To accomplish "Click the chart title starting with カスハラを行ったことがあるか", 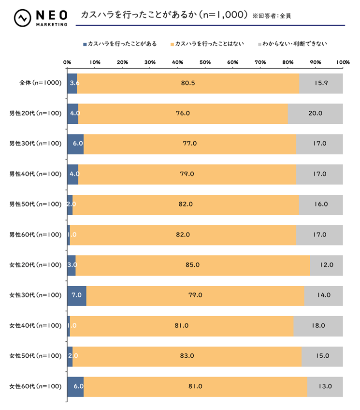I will click(164, 15).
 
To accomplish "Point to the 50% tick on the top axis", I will click(205, 62).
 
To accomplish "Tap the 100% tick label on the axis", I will click(343, 62).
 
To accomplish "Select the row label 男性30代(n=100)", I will click(36, 144).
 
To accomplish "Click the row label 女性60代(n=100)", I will click(36, 386).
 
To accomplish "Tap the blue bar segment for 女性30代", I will click(77, 295).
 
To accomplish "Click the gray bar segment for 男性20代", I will click(315, 114).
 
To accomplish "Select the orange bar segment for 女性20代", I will click(192, 265).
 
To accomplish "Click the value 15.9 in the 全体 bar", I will click(321, 83).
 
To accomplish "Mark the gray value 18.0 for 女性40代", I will click(318, 326).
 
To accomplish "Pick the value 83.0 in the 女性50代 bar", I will click(187, 356).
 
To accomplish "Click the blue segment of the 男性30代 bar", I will click(75, 144).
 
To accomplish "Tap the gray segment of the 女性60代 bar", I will click(325, 386).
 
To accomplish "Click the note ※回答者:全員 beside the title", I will click(272, 16).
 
